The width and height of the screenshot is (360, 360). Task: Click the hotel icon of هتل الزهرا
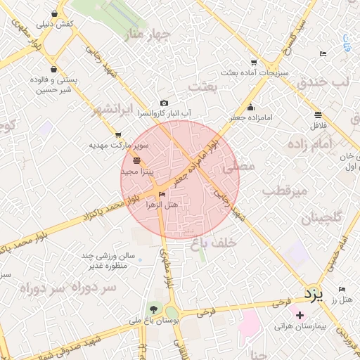pyautogui.click(x=163, y=195)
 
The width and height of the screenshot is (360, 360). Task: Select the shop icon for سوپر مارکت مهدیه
pyautogui.click(x=118, y=135)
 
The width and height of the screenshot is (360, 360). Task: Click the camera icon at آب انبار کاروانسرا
pyautogui.click(x=164, y=103)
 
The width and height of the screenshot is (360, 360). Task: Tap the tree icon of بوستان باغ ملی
pyautogui.click(x=152, y=309)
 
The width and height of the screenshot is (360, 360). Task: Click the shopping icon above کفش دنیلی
pyautogui.click(x=54, y=13)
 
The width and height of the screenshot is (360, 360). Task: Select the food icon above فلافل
pyautogui.click(x=319, y=114)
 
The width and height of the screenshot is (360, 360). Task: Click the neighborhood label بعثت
pyautogui.click(x=205, y=84)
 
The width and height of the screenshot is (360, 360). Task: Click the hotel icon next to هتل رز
pyautogui.click(x=342, y=290)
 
